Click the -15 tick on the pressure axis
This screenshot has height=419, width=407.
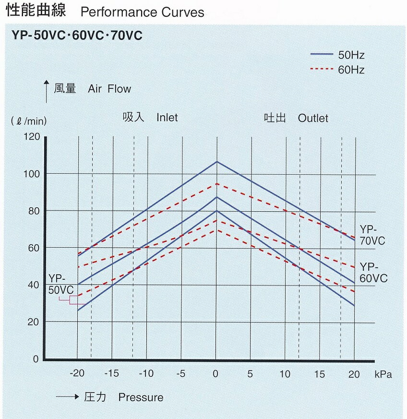click(x=111, y=374)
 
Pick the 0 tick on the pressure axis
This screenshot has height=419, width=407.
click(x=216, y=374)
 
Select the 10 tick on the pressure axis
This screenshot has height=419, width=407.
click(x=285, y=374)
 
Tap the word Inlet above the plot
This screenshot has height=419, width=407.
click(x=167, y=118)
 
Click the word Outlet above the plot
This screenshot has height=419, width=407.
click(x=313, y=118)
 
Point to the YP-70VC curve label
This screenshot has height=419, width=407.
click(x=372, y=235)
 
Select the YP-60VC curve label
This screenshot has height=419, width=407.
click(x=373, y=272)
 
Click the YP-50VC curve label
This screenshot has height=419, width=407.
click(x=61, y=285)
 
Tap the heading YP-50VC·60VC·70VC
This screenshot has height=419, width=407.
click(x=77, y=36)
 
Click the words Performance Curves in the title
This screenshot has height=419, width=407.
click(x=143, y=12)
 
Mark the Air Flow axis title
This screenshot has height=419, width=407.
click(x=109, y=89)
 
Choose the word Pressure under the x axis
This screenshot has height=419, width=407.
click(x=141, y=397)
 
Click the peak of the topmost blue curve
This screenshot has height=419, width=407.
click(x=216, y=162)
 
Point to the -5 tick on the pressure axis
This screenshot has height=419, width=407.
click(x=180, y=374)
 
